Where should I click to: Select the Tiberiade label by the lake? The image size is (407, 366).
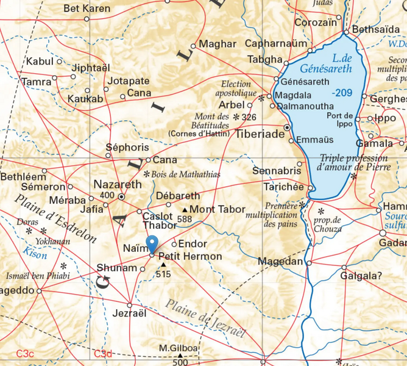tap(260, 133)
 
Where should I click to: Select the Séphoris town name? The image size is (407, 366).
tap(127, 148)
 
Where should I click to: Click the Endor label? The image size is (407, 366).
tap(188, 243)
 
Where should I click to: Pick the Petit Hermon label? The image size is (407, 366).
tap(186, 257)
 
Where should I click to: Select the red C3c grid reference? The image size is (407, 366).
tap(25, 354)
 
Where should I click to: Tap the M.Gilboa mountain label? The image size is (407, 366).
tap(179, 348)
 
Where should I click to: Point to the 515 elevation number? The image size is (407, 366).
tap(163, 274)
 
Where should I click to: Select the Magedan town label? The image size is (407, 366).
tap(281, 262)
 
